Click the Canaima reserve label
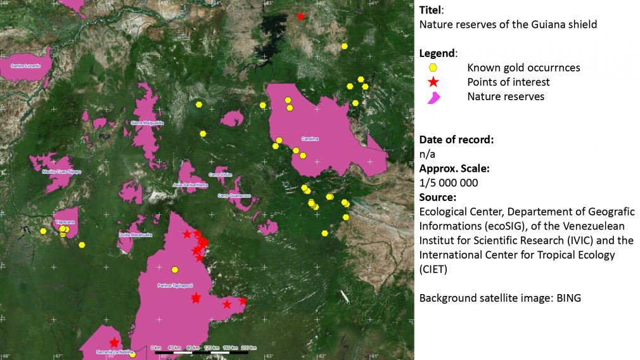310,139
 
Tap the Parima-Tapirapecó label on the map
174,286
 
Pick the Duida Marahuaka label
135,235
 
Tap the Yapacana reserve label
65,222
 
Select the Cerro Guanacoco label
234,196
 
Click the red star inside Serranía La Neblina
114,343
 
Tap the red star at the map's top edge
301,16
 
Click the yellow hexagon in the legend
433,68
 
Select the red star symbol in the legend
433,82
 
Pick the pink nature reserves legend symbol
433,97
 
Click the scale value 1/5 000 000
449,183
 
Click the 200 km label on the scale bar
248,347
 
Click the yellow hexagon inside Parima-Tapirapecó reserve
175,269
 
